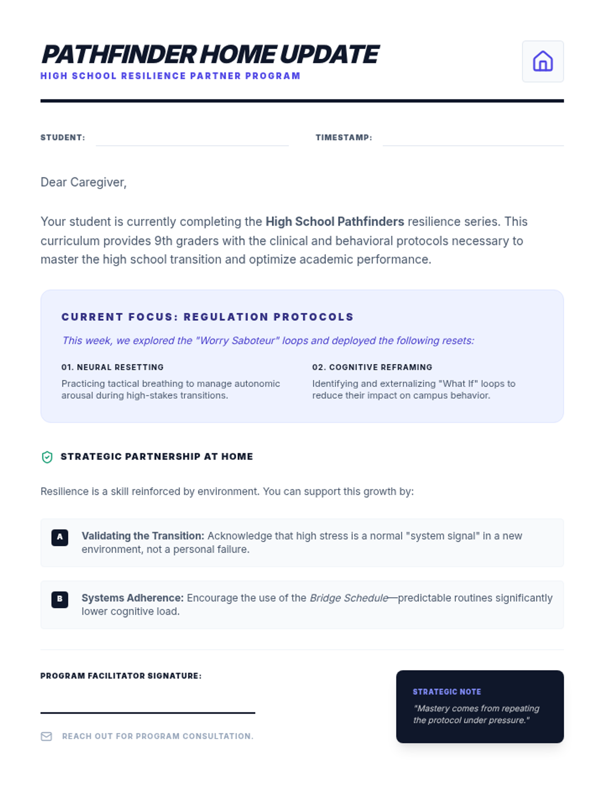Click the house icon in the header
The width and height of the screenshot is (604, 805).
[543, 61]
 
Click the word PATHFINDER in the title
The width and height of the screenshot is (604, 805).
[118, 54]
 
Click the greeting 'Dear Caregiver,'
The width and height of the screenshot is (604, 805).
[84, 182]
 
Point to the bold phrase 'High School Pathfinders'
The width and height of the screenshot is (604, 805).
[335, 221]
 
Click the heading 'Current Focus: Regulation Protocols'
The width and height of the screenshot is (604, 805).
[207, 317]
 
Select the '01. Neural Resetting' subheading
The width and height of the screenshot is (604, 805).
[113, 367]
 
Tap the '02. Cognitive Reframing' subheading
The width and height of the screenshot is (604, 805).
[372, 367]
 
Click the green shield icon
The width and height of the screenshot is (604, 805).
[47, 457]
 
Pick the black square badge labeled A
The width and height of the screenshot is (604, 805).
[60, 537]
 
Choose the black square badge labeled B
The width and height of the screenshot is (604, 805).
[60, 599]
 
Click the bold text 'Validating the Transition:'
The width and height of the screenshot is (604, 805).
[143, 536]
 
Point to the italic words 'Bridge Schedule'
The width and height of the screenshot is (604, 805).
[349, 598]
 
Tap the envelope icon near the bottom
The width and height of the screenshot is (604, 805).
[46, 737]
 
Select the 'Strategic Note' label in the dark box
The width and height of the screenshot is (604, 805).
[447, 692]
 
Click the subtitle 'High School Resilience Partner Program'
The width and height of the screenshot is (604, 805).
[170, 76]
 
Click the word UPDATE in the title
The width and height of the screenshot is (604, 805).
[329, 54]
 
